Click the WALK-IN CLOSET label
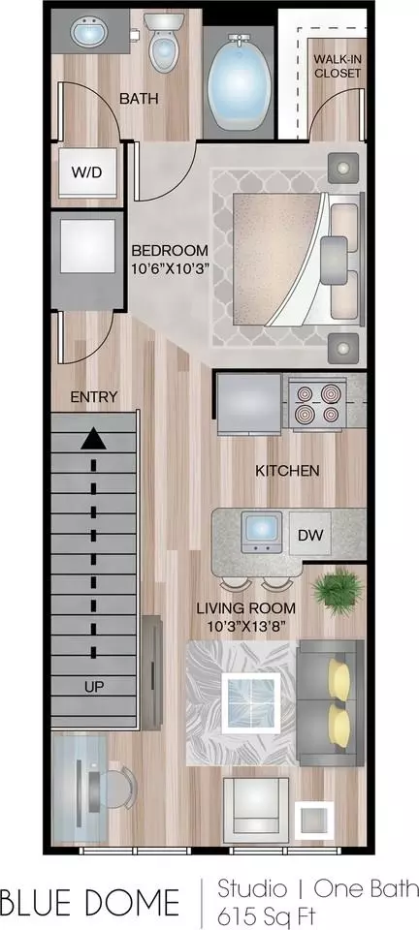pos(338,66)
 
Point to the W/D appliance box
pos(88,172)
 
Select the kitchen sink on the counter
pos(262,530)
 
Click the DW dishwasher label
pos(309,536)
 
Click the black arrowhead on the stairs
pos(93,440)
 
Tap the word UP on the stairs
pos(94,688)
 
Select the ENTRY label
pos(94,397)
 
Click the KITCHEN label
pos(287,471)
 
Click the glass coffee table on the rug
pos(251,703)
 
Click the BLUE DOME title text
pos(90,902)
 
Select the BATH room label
pos(139,99)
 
